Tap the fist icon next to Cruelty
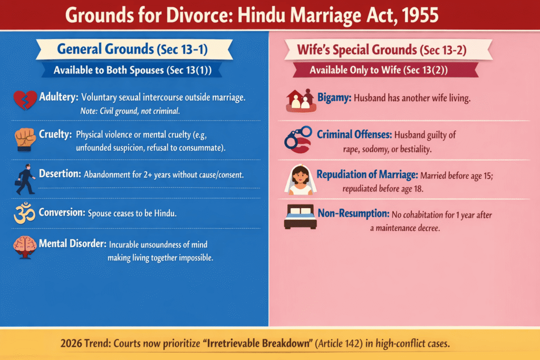click(x=25, y=139)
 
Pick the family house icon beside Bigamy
click(x=298, y=100)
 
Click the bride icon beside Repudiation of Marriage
click(x=298, y=179)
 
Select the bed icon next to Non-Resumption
click(x=298, y=217)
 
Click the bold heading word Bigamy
click(x=334, y=98)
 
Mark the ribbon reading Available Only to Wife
click(x=379, y=70)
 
